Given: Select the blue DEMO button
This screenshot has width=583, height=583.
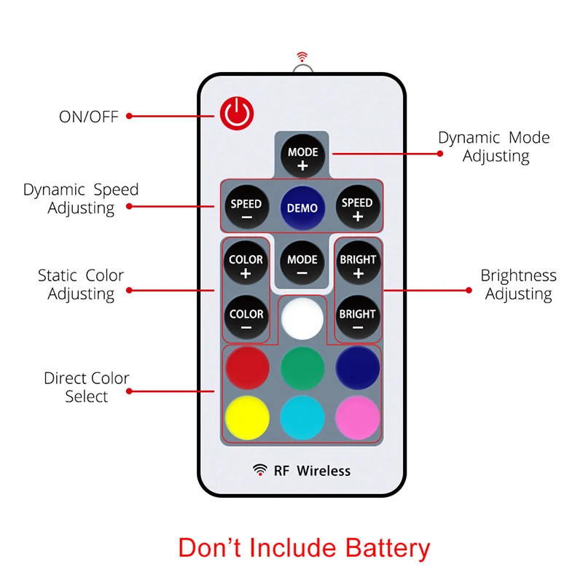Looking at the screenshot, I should click(x=302, y=208).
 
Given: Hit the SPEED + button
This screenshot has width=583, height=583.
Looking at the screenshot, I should click(x=357, y=208).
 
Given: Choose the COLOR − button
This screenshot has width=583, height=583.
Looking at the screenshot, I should click(x=246, y=319).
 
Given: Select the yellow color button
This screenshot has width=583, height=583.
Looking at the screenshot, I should click(x=247, y=418).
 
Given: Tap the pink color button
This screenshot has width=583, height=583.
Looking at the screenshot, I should click(x=358, y=418).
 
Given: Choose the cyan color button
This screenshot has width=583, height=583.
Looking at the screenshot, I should click(x=302, y=418).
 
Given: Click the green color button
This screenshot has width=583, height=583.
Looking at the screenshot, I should click(x=302, y=367).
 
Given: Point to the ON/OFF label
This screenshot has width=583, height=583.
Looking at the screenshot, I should click(x=88, y=117).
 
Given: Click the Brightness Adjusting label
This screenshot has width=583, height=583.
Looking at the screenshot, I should click(x=518, y=285).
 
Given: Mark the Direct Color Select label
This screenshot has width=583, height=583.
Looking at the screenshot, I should click(x=86, y=387).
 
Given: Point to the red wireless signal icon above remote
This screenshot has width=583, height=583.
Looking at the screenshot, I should click(x=302, y=55).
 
